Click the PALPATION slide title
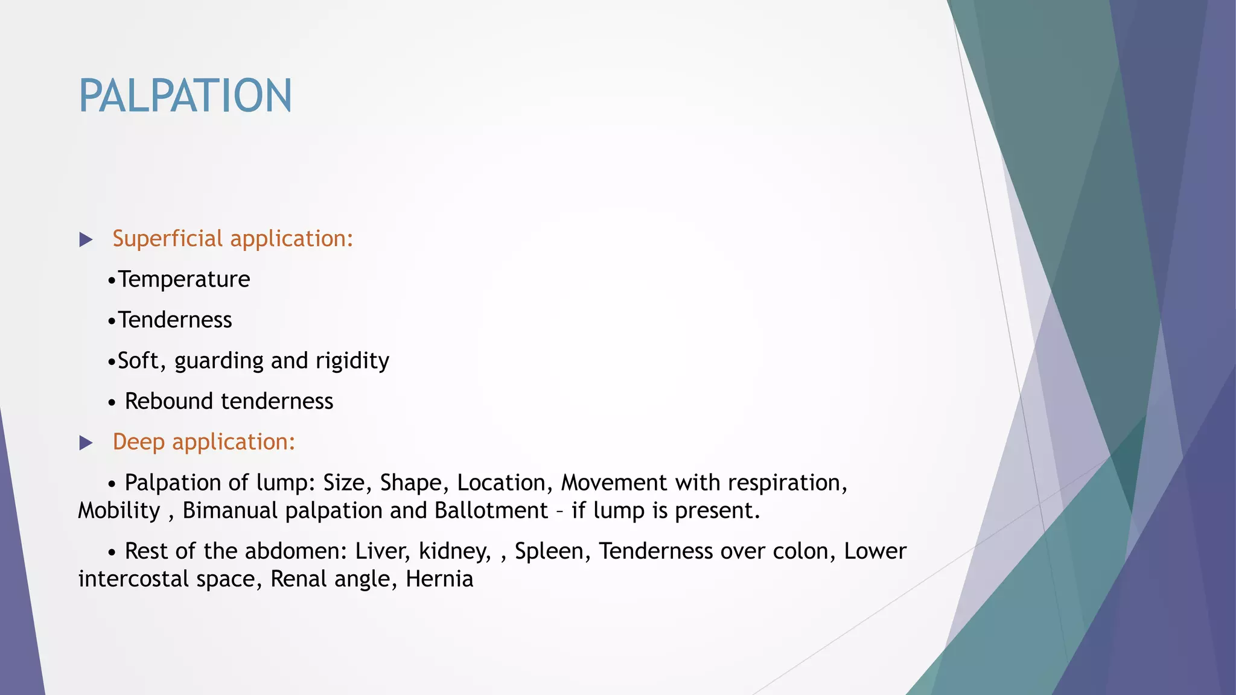tap(185, 96)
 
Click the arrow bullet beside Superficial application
tap(86, 240)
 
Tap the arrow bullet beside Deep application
tap(86, 443)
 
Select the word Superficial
tap(168, 239)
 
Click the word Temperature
tap(184, 279)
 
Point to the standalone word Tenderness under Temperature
tap(175, 320)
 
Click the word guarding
tap(219, 361)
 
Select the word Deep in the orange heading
tap(138, 442)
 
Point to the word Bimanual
tap(230, 510)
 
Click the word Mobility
tap(119, 510)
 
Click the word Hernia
tap(439, 579)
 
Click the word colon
tap(801, 551)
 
